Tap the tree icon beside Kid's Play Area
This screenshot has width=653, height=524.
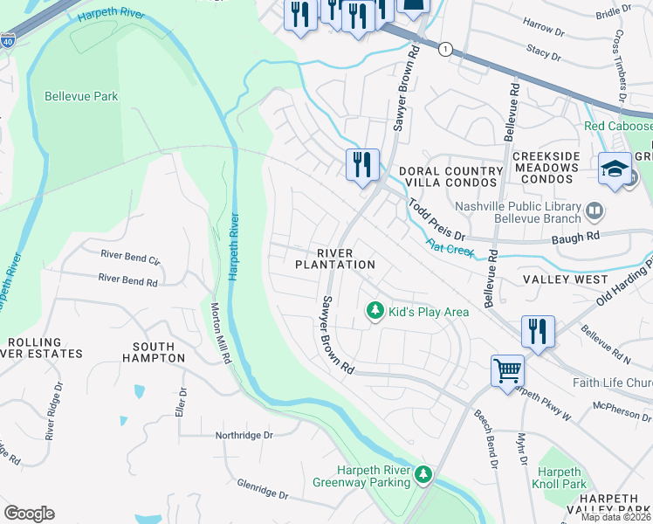point(375,311)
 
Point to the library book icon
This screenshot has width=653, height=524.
point(595,210)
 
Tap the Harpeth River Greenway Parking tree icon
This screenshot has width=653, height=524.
point(423,474)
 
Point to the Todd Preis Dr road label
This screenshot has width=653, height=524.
point(436,219)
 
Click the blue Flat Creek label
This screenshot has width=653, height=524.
point(449,247)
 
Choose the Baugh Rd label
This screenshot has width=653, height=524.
point(581,236)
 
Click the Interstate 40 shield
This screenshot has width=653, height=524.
point(8,41)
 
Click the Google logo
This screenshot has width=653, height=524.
point(29,513)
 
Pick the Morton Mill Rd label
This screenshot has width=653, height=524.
point(221,333)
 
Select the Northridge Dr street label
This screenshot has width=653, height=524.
point(244,434)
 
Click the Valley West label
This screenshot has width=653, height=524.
point(565,279)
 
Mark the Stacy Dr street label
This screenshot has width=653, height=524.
point(544,53)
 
